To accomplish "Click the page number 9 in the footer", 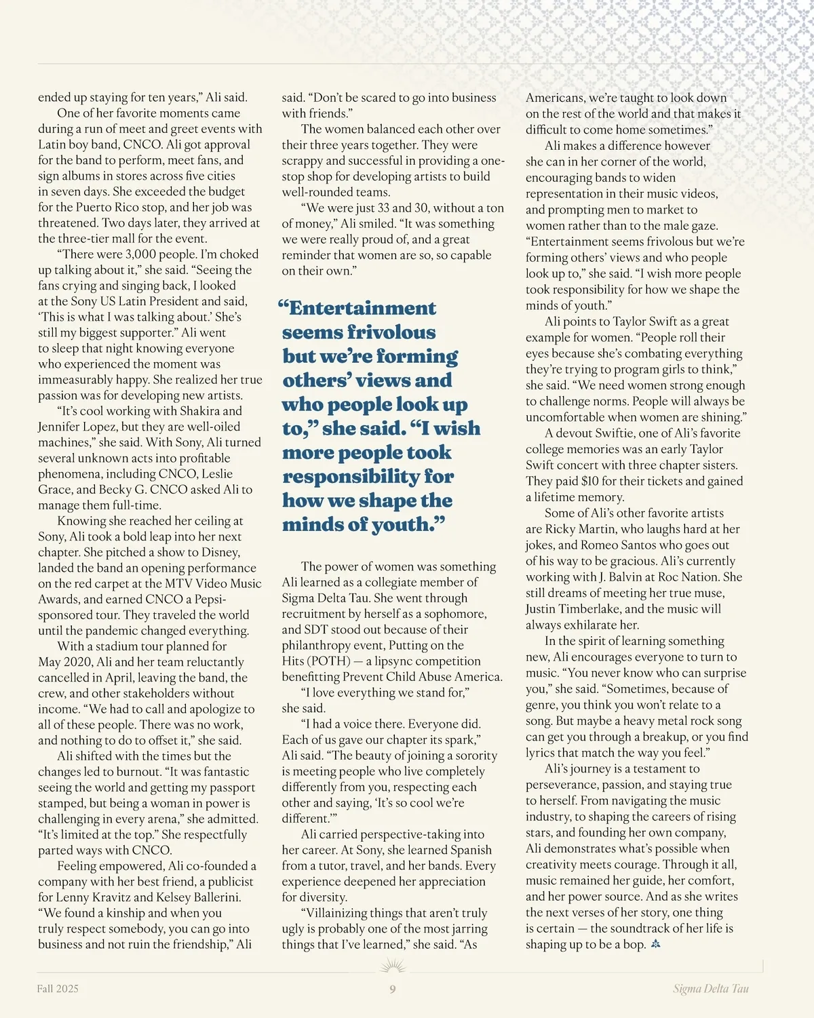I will [x=393, y=989].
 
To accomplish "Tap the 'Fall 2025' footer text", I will [x=58, y=989].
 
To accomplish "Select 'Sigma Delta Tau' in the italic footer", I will [x=711, y=989].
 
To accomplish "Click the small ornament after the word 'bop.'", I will [x=655, y=944].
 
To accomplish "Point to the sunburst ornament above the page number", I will [x=393, y=965].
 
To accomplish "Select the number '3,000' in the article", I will [x=144, y=254].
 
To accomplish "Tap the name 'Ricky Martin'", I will [x=579, y=529].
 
